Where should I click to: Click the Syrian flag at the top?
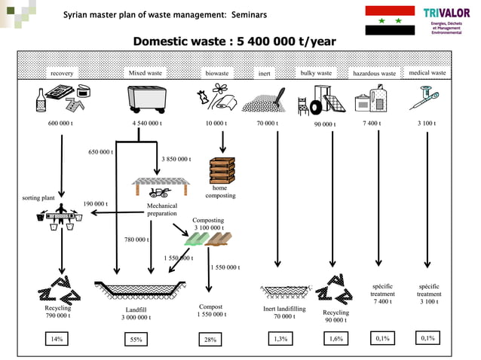click(x=389, y=20)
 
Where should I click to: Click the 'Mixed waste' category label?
click(x=146, y=73)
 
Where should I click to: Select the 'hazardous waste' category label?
click(x=374, y=74)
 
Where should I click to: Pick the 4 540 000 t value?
click(x=146, y=123)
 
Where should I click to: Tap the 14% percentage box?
click(x=57, y=339)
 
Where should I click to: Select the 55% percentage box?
click(x=136, y=340)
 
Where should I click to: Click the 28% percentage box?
click(x=210, y=340)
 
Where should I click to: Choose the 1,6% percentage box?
click(x=335, y=339)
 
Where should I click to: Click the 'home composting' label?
click(x=220, y=191)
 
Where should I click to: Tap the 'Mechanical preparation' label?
click(x=162, y=209)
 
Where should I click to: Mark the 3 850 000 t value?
click(x=176, y=159)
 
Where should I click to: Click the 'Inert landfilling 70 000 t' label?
click(x=284, y=313)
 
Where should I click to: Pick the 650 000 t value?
click(x=100, y=152)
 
